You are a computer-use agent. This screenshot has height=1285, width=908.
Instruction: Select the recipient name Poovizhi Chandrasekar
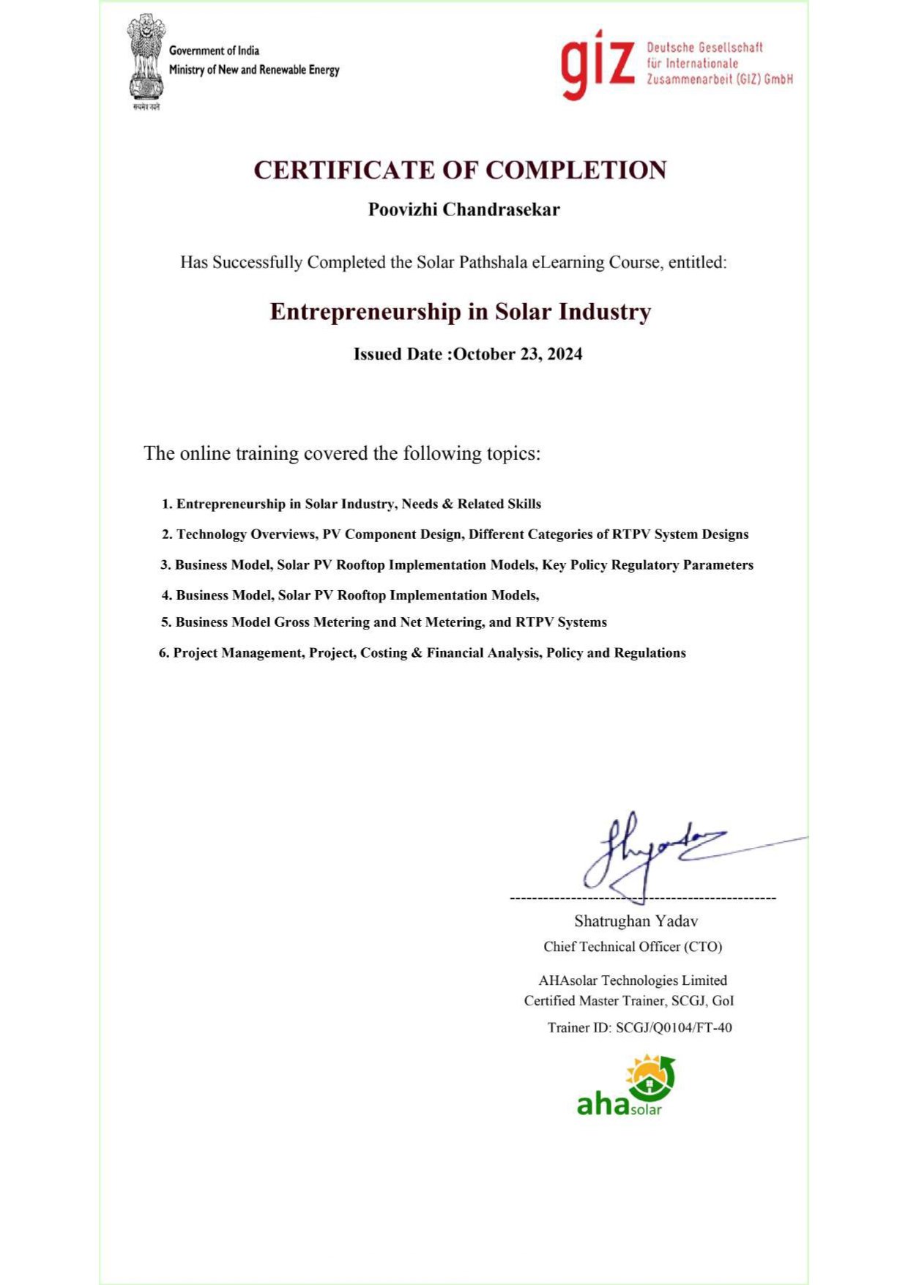pos(464,210)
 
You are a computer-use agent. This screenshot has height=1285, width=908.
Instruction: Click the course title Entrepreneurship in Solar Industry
pos(460,312)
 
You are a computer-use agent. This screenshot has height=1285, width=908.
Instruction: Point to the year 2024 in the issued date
pos(565,354)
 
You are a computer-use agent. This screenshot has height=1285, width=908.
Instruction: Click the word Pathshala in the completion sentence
pos(491,263)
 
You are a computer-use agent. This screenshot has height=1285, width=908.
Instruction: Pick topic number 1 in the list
pos(351,504)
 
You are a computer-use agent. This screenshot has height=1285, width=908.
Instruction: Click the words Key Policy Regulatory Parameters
pos(647,565)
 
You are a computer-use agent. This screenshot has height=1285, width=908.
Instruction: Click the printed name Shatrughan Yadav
pos(636,921)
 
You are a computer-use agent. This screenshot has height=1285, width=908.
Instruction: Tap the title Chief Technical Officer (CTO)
pos(633,947)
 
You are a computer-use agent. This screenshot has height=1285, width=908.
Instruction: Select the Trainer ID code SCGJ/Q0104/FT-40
pos(674,1028)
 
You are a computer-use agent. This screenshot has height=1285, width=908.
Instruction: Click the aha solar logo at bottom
pos(626,1087)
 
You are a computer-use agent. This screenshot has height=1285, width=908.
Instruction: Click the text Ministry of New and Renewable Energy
pos(254,70)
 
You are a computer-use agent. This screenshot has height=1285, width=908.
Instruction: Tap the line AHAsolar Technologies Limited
pos(633,980)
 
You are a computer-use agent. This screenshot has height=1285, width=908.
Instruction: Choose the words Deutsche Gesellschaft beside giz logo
pos(704,48)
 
